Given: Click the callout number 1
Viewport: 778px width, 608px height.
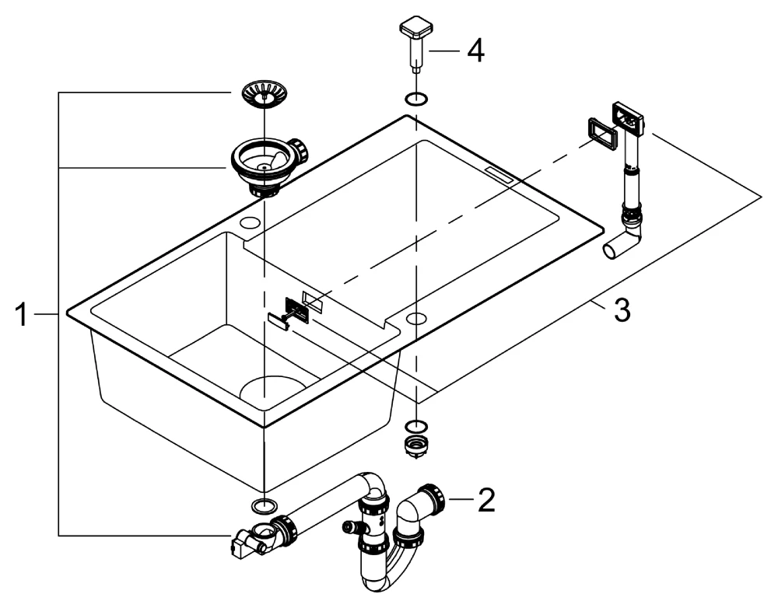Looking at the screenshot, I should pos(26,315).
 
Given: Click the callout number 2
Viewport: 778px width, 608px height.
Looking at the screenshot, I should pos(486,500).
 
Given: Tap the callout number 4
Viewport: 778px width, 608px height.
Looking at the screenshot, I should pos(475,53).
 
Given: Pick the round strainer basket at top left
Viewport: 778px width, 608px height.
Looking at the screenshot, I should pos(265,93).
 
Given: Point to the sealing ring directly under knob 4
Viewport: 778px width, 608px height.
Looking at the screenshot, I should pos(417,99).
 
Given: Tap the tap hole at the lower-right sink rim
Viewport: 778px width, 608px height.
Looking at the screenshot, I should pos(417,318).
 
